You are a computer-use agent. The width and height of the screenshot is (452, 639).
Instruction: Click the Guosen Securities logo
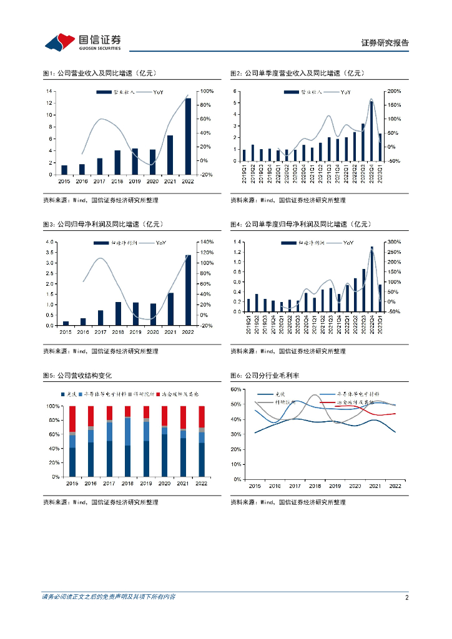point(82,42)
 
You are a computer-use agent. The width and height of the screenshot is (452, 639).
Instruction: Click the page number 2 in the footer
point(406,597)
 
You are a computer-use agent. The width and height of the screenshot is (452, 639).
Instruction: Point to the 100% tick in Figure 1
point(204,92)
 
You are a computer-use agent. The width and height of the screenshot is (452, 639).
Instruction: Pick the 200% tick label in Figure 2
point(394,92)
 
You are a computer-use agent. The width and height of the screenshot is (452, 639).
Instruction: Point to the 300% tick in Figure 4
point(394,242)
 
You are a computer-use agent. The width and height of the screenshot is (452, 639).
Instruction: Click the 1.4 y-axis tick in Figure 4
point(237,242)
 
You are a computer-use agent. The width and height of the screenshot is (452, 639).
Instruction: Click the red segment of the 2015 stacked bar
point(72,419)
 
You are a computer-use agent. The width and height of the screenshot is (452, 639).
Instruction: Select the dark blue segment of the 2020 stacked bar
point(165,456)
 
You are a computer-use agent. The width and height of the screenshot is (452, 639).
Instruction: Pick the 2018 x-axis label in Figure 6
point(315,485)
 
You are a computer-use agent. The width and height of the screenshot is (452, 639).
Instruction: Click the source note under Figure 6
point(288,502)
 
